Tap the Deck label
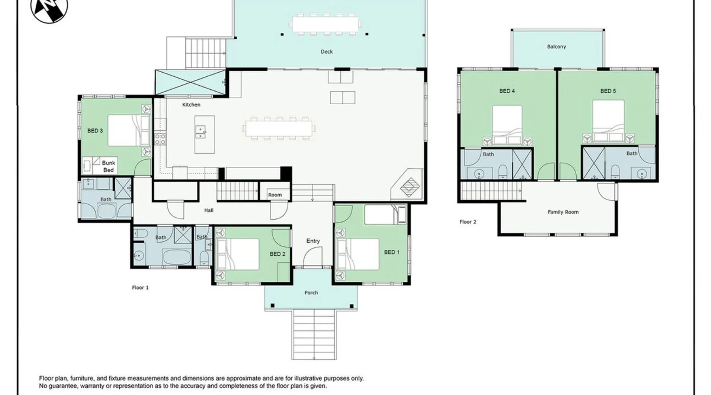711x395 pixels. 327,52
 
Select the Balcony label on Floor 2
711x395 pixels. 557,47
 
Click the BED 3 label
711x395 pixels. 95,131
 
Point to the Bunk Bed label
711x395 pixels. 109,166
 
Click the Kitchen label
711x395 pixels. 191,105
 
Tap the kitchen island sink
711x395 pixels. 201,132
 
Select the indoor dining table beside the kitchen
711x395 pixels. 279,128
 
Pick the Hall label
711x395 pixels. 209,211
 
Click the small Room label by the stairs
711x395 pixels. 275,195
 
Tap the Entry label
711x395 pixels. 313,241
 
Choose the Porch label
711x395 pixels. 311,293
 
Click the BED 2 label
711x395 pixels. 278,254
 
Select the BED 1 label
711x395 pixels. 392,252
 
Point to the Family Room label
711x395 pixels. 563,212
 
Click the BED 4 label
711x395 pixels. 507,91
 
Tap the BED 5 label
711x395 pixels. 608,91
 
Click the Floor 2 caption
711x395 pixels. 468,222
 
